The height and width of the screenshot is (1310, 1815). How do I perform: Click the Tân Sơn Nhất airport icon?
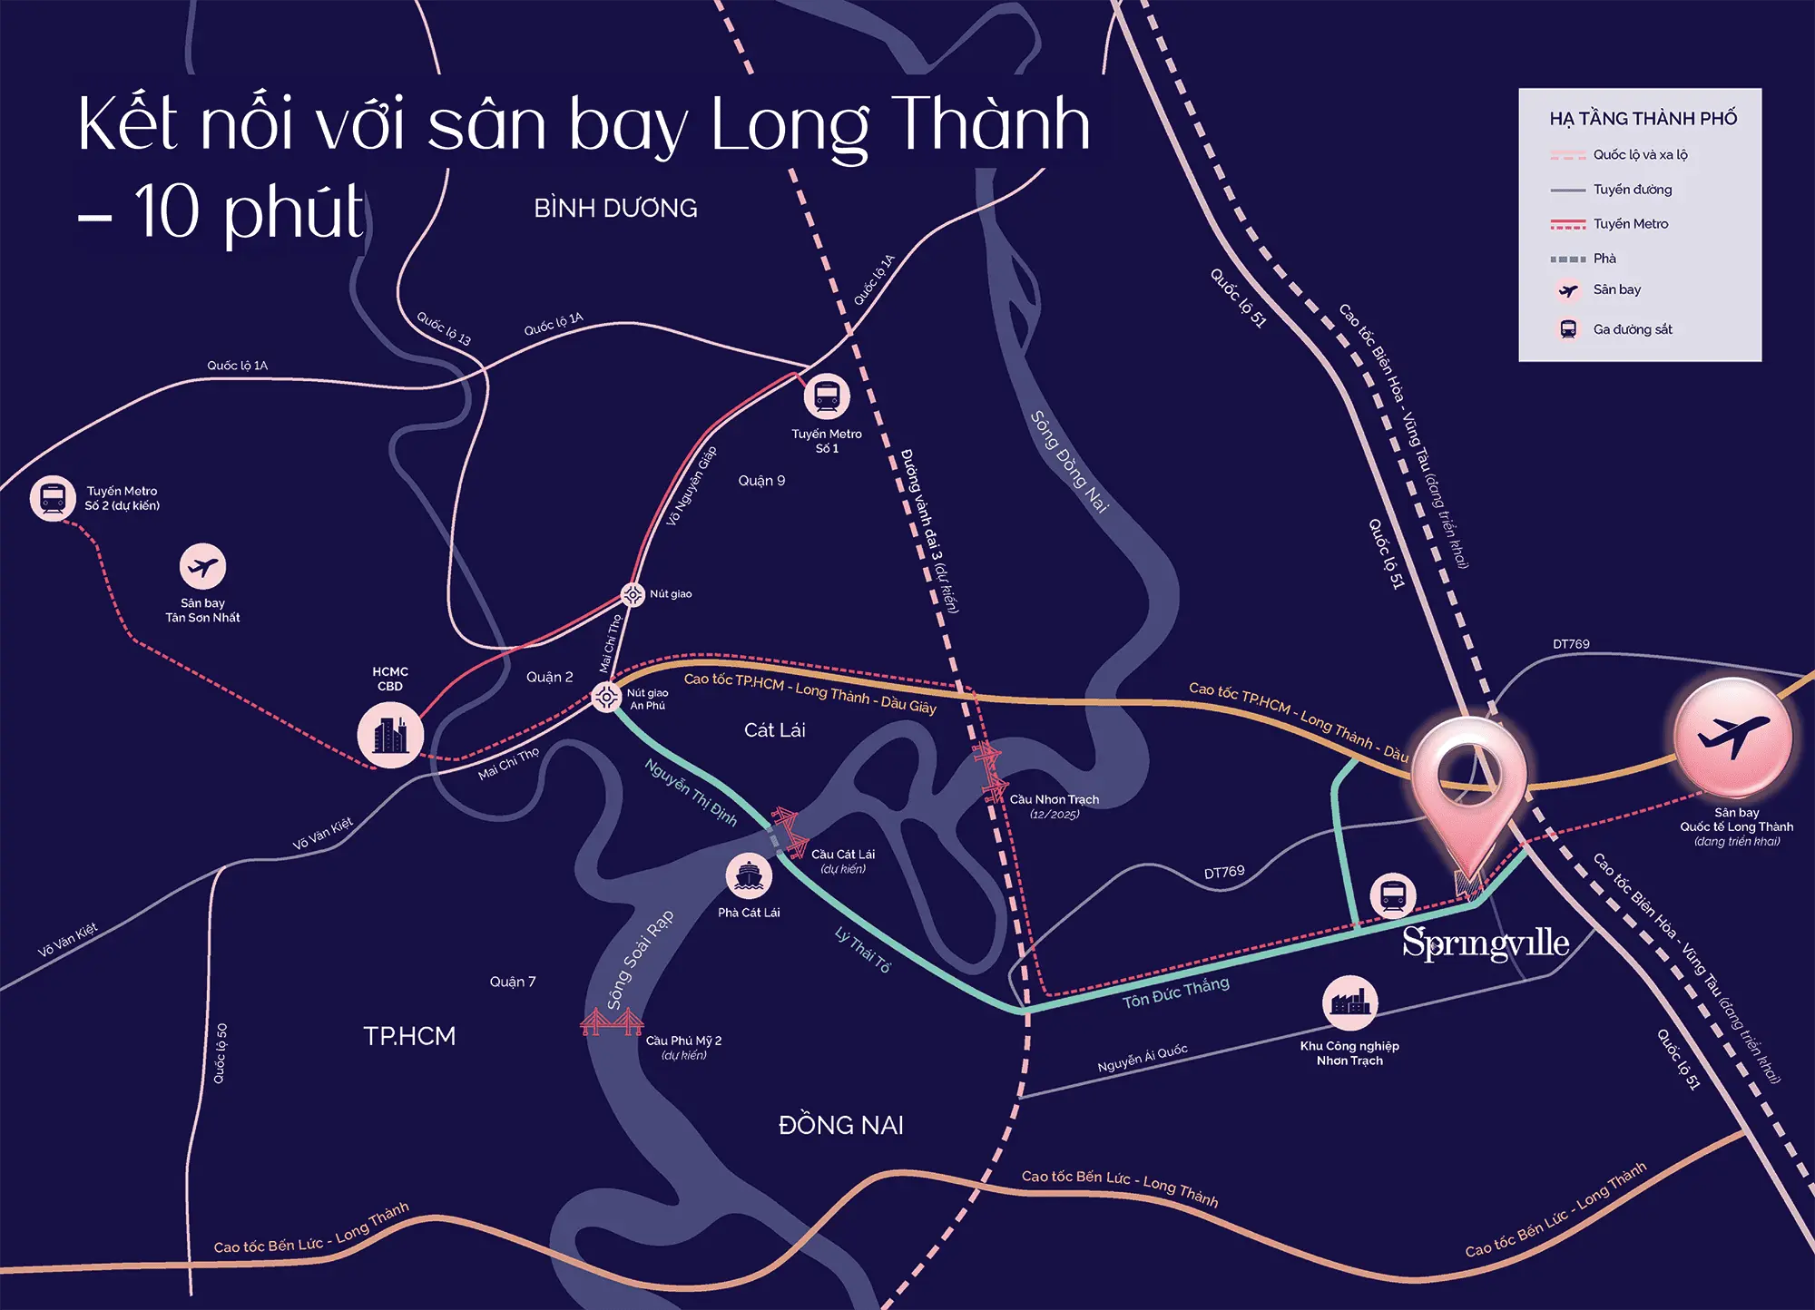[x=202, y=567]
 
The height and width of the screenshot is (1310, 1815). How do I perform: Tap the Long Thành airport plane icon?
[x=1732, y=737]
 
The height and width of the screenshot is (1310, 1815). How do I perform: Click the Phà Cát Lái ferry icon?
[x=749, y=875]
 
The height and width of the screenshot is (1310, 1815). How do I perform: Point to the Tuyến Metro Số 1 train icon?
[x=826, y=396]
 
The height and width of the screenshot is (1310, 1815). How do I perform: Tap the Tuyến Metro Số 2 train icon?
[x=53, y=498]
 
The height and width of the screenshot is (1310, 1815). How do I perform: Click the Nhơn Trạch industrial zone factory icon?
[x=1349, y=1002]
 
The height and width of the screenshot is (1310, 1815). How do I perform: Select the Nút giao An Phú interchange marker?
[x=606, y=697]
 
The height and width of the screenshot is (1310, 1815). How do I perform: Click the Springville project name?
[x=1486, y=943]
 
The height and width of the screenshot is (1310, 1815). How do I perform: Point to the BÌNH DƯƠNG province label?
[x=615, y=209]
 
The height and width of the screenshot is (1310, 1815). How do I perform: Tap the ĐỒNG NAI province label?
[x=840, y=1126]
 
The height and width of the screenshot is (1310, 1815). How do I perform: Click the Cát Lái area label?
[x=774, y=730]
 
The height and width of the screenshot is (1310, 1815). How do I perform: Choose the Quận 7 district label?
[x=513, y=982]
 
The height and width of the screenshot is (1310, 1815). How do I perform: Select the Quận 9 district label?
[x=761, y=481]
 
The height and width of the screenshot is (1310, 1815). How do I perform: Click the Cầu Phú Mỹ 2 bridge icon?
[x=611, y=1023]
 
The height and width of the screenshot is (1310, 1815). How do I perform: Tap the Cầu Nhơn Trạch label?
[x=1054, y=799]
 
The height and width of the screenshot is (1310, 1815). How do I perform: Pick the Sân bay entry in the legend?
[x=1616, y=290]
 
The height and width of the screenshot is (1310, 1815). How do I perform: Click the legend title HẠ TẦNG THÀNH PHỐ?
[x=1643, y=119]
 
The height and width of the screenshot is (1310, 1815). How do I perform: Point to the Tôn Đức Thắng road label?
[x=1176, y=992]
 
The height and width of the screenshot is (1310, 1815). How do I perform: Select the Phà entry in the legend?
[x=1604, y=259]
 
